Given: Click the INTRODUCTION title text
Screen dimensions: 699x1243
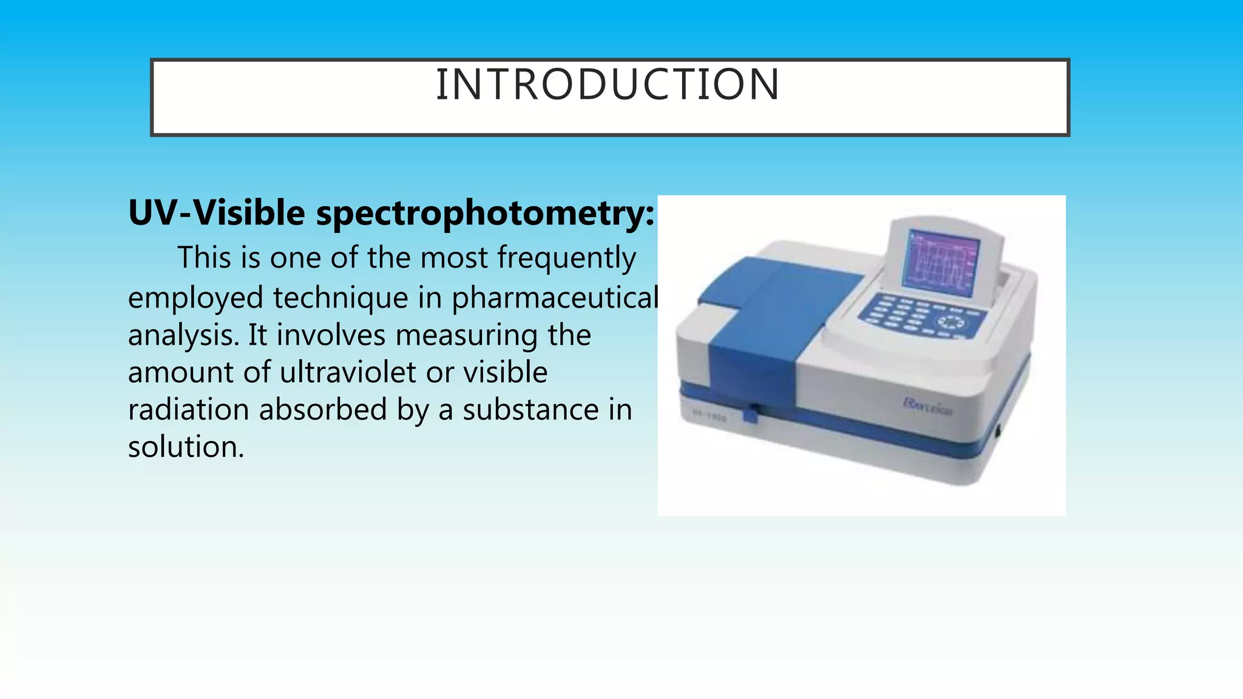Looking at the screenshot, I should (608, 84).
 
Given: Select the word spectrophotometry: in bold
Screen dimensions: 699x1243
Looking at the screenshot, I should (486, 214).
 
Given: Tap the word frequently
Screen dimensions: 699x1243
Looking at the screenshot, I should (566, 258).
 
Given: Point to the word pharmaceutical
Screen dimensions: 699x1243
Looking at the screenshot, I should (555, 298).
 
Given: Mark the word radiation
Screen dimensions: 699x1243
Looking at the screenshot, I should (188, 410).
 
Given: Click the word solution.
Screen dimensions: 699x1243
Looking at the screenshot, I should (186, 447).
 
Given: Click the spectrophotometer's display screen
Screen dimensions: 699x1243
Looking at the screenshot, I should (940, 262).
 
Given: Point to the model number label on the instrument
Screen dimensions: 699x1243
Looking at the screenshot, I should (710, 416).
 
